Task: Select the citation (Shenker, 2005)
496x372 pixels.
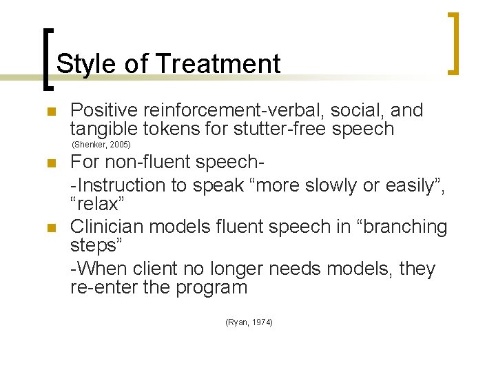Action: point(101,145)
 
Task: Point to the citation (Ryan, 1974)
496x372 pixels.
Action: point(249,322)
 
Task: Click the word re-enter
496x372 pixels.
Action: point(102,287)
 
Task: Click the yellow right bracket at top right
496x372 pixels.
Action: point(455,43)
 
